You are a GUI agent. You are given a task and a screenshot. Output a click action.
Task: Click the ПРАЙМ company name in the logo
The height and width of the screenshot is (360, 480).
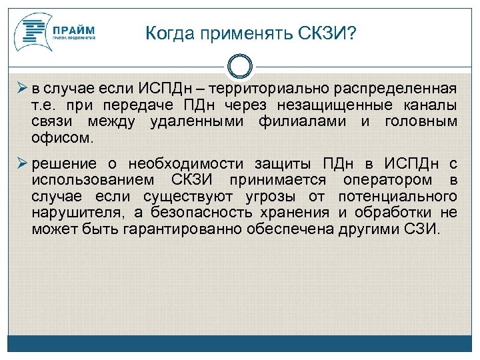(75, 29)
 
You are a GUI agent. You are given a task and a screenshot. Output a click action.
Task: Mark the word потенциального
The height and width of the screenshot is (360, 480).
(397, 196)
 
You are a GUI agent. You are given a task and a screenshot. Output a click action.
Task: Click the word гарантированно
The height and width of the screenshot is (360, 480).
(175, 229)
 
